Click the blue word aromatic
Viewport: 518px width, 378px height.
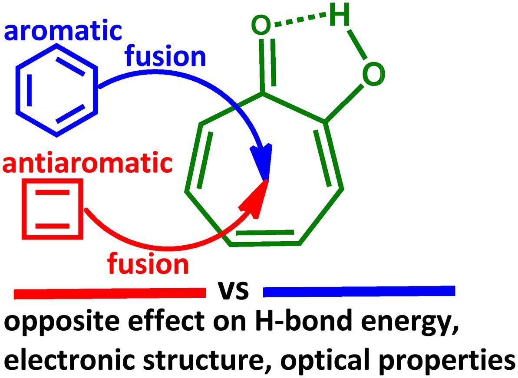[x=62, y=32]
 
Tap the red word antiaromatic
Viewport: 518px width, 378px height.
[x=87, y=165]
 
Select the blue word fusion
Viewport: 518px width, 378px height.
[x=165, y=56]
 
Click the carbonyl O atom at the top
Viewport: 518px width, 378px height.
[x=261, y=26]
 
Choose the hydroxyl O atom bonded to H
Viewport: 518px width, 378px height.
[x=373, y=74]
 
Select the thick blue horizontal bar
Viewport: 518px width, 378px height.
[x=359, y=291]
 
